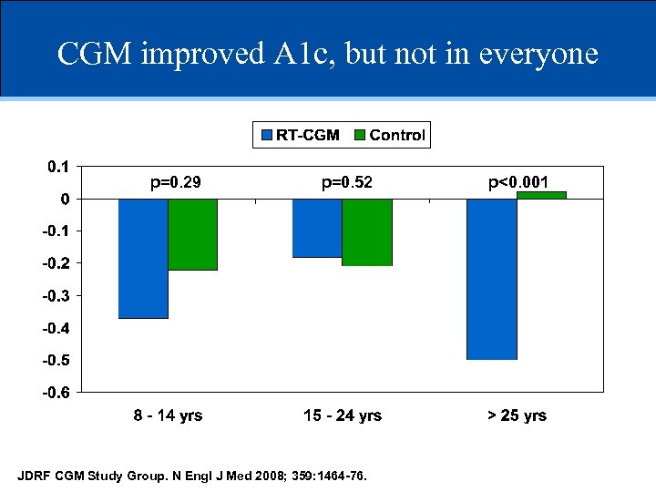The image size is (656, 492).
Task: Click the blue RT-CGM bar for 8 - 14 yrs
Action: [143, 258]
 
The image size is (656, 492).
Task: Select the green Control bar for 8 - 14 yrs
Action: [192, 234]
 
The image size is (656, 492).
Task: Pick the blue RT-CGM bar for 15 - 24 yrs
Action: [317, 228]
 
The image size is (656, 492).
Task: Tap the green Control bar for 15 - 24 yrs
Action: [367, 232]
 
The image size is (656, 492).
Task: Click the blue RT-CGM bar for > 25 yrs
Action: [491, 279]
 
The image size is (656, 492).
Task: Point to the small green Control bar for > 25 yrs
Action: [541, 195]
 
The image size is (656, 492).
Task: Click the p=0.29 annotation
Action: [175, 183]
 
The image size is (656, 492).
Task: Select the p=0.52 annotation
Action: [347, 183]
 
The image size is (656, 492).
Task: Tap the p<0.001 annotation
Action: [518, 183]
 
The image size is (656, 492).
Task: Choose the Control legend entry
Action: [389, 136]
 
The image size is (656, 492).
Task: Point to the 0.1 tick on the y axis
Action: [57, 166]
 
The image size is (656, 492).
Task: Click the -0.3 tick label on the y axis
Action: [56, 295]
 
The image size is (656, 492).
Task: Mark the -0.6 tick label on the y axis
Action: [56, 393]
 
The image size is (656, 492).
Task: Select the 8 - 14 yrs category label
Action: [168, 415]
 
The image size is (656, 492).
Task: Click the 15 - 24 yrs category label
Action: [343, 415]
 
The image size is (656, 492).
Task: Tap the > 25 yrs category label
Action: [517, 415]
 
